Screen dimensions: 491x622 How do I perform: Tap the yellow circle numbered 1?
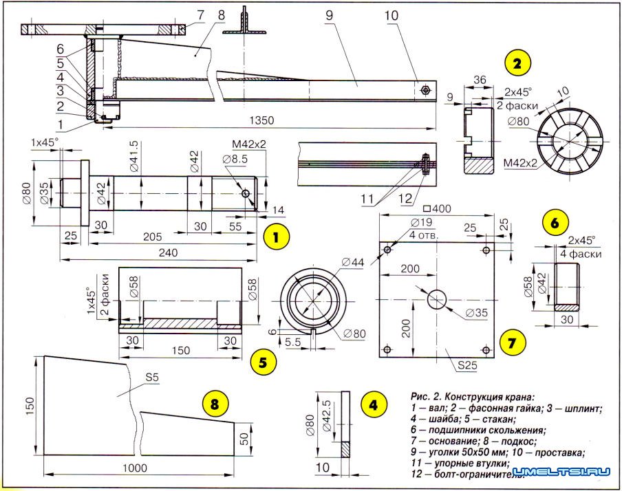pyautogui.click(x=276, y=238)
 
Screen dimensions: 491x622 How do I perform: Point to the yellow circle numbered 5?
pyautogui.click(x=264, y=360)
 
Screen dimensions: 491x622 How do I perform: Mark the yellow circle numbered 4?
pyautogui.click(x=372, y=405)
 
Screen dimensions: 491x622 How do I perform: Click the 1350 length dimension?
pyautogui.click(x=262, y=120)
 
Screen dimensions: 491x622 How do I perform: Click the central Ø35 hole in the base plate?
pyautogui.click(x=438, y=299)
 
